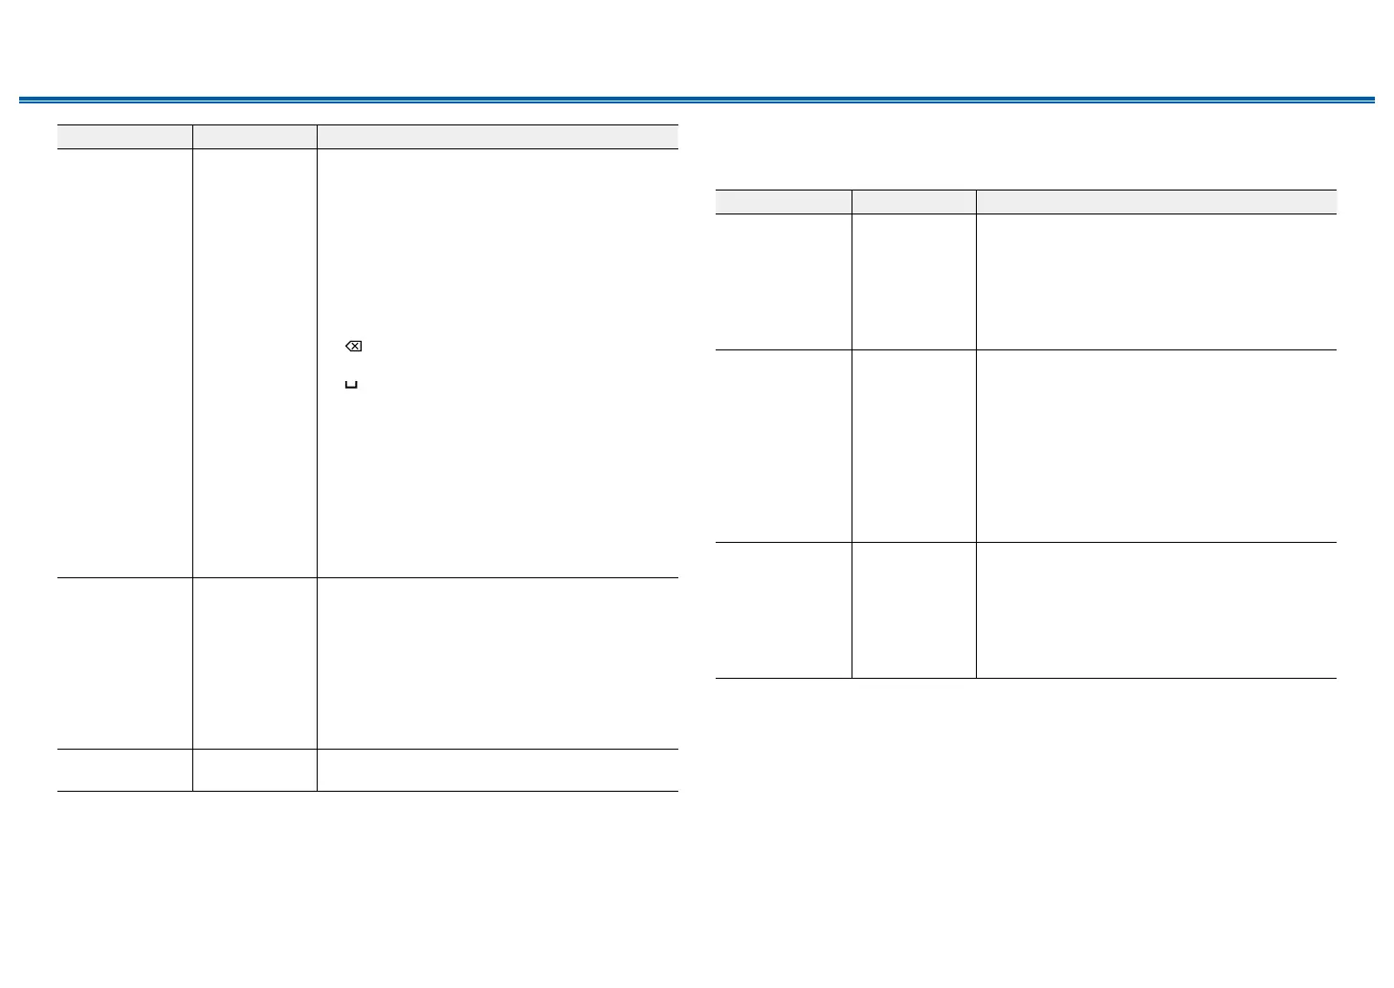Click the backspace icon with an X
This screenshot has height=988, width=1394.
(x=353, y=347)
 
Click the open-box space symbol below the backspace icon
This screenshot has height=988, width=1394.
(x=351, y=385)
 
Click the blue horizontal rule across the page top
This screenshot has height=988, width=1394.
(x=697, y=100)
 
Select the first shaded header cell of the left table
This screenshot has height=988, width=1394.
(x=124, y=137)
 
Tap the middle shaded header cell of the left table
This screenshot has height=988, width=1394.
(x=254, y=137)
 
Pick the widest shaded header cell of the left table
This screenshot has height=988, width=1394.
(x=498, y=137)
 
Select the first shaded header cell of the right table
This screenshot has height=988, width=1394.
(x=784, y=202)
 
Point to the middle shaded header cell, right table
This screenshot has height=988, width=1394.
(x=914, y=202)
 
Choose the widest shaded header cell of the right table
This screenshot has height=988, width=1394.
(x=1156, y=202)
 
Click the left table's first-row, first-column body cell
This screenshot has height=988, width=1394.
(x=124, y=363)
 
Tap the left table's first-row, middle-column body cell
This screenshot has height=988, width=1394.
(x=254, y=363)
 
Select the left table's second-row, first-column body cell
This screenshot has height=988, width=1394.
(x=124, y=662)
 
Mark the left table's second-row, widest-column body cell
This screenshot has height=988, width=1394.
(x=498, y=662)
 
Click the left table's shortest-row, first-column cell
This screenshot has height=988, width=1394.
(x=124, y=770)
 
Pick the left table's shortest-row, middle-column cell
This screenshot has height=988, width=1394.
(x=254, y=770)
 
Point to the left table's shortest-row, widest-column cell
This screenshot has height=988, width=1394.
(x=498, y=770)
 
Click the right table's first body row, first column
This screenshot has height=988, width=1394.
(x=784, y=281)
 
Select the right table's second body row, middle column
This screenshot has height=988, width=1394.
(x=914, y=446)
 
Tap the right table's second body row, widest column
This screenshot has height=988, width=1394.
(x=1156, y=446)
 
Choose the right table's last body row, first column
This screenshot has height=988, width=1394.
(x=784, y=611)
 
